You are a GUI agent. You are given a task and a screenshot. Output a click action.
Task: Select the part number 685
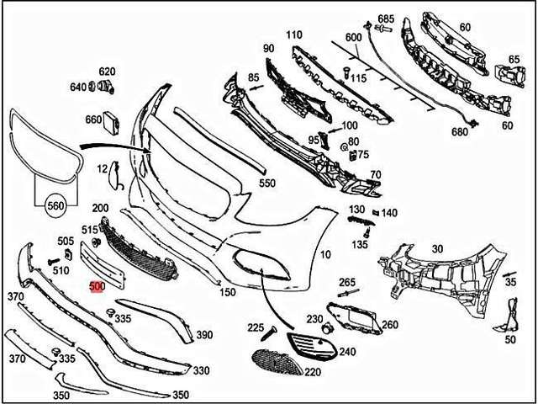click(x=386, y=19)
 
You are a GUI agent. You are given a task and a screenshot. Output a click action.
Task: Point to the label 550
click(x=266, y=183)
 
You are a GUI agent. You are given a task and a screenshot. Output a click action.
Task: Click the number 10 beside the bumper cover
click(x=325, y=253)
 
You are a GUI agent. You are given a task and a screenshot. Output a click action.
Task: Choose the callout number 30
click(x=436, y=248)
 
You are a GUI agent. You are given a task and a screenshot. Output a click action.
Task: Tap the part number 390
click(x=204, y=334)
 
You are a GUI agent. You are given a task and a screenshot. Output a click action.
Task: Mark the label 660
click(x=92, y=120)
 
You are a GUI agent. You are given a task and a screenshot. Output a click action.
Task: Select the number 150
click(x=228, y=292)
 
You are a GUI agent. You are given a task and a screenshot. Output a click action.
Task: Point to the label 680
click(x=460, y=132)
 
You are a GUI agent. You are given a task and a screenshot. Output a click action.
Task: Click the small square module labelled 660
click(x=112, y=124)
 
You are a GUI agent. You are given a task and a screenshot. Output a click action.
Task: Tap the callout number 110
click(x=293, y=35)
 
